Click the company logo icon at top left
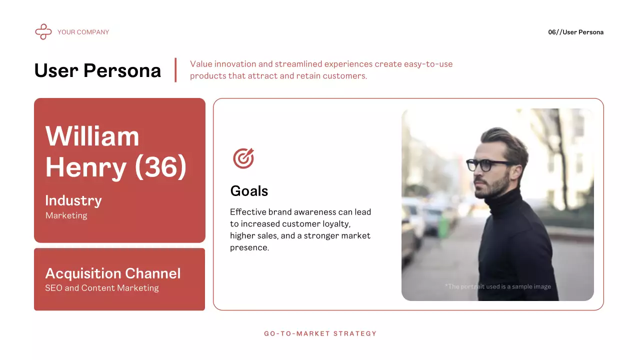click(x=43, y=32)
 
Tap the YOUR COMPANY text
click(x=83, y=32)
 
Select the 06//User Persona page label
click(x=575, y=32)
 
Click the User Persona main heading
click(x=97, y=70)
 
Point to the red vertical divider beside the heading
click(x=175, y=70)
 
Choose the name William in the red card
click(x=92, y=135)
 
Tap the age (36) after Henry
click(x=160, y=167)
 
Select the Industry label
click(x=73, y=200)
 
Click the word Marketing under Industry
click(x=66, y=215)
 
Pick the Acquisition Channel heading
click(x=113, y=273)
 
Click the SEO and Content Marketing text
click(x=102, y=288)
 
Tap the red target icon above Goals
click(x=243, y=158)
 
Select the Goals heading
click(x=249, y=191)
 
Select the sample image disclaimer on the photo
click(x=497, y=286)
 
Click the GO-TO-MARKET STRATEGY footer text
click(x=320, y=333)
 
